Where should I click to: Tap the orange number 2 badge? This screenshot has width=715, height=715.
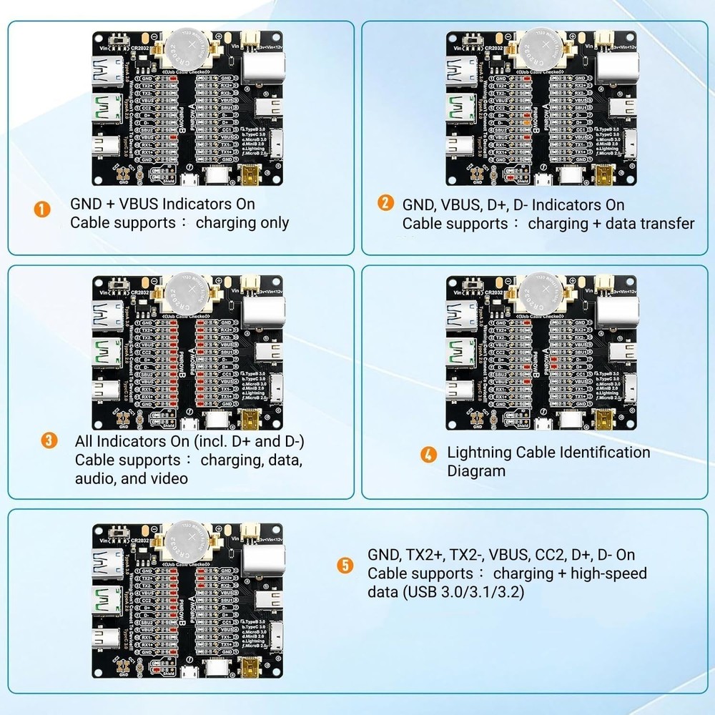click(386, 203)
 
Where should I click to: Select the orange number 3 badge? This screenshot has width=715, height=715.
click(49, 440)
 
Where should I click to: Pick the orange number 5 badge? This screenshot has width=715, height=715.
click(346, 566)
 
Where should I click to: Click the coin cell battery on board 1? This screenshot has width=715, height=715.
click(188, 50)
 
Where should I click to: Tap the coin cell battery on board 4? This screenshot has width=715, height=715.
click(541, 294)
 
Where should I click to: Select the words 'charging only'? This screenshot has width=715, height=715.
click(242, 222)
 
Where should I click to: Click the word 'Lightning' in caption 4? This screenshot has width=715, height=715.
click(480, 452)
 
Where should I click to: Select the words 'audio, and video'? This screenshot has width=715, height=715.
click(132, 478)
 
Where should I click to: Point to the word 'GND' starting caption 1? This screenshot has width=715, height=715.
click(86, 204)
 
